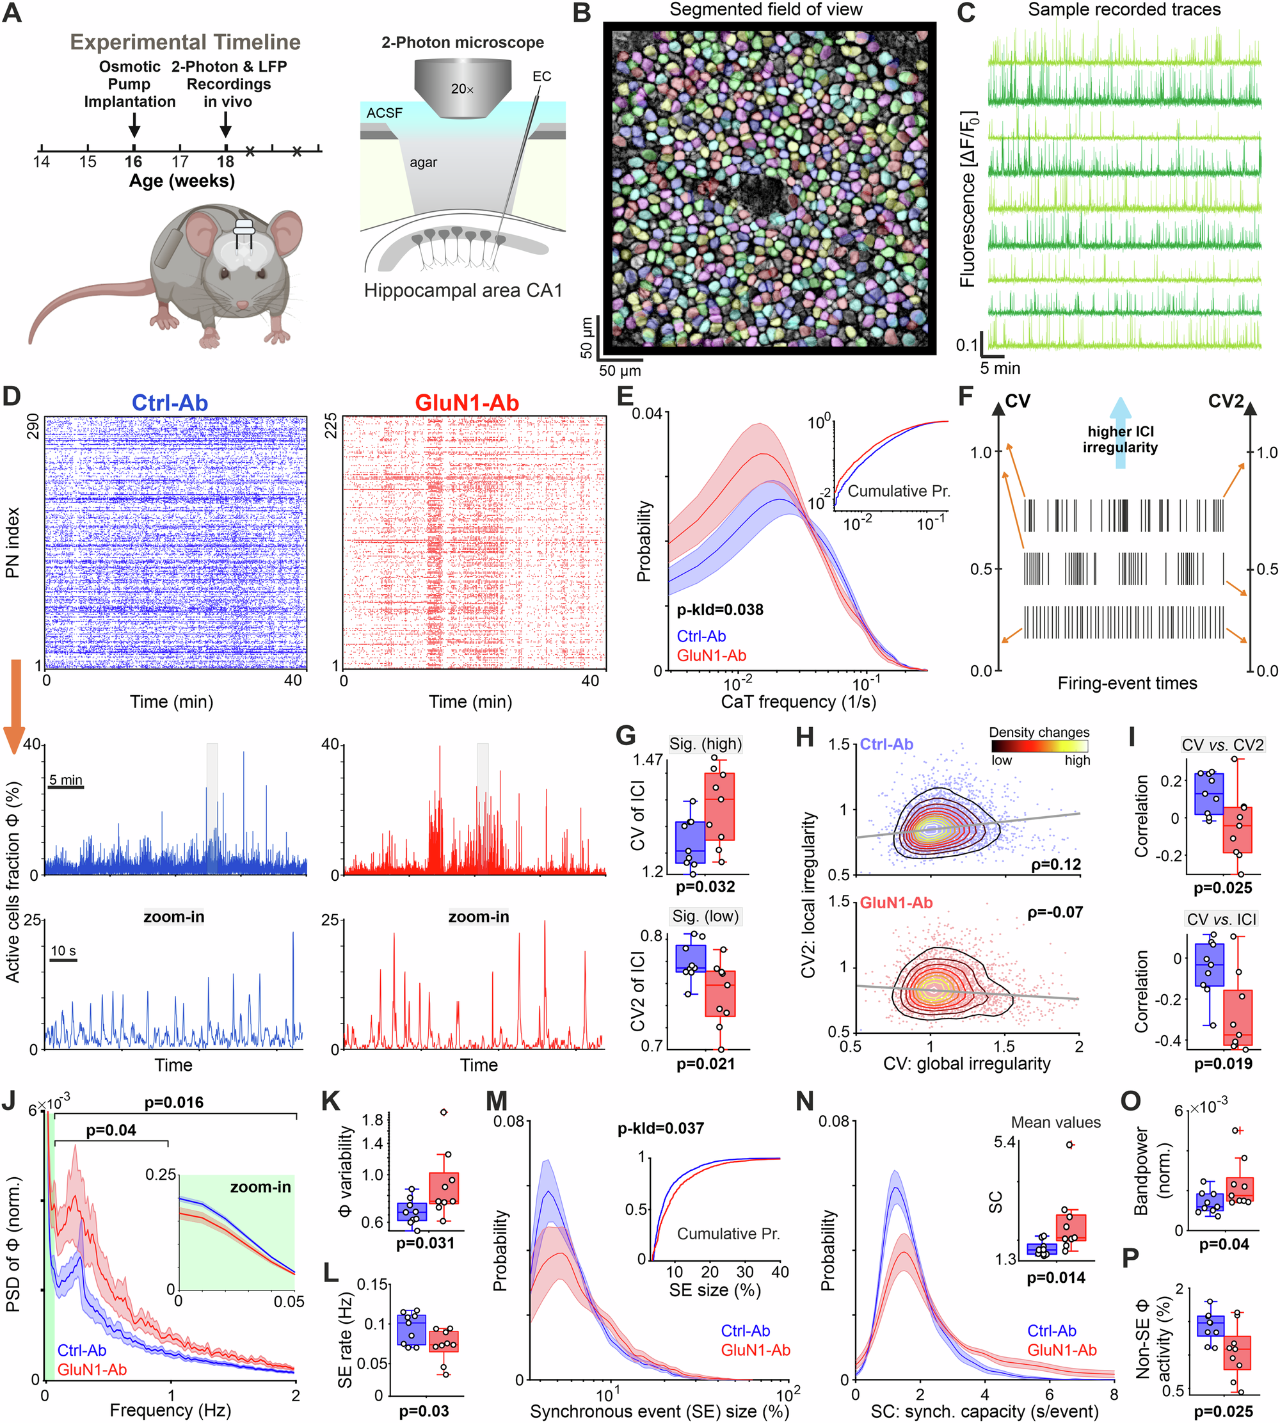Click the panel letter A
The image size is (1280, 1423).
12,13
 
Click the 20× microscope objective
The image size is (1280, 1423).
462,83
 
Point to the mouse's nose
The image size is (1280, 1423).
241,305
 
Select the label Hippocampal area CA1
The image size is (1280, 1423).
463,291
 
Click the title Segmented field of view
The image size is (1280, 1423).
765,10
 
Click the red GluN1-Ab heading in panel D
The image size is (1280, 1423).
467,403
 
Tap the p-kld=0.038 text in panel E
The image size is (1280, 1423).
720,609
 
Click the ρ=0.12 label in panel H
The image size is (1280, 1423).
1055,865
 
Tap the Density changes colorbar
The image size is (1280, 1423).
1039,746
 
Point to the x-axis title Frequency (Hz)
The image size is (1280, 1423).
170,1410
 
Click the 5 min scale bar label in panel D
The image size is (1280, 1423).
65,780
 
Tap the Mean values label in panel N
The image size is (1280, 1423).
1055,1123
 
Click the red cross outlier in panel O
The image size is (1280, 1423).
1239,1130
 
